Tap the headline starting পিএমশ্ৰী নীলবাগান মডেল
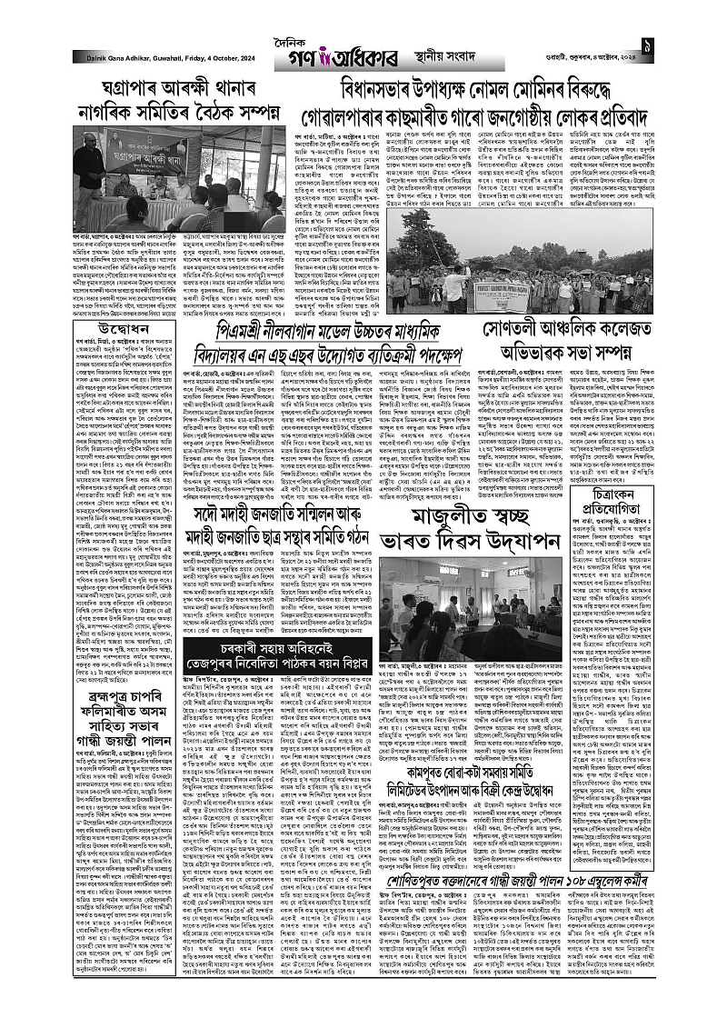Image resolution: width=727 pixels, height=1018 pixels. (x=373, y=336)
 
